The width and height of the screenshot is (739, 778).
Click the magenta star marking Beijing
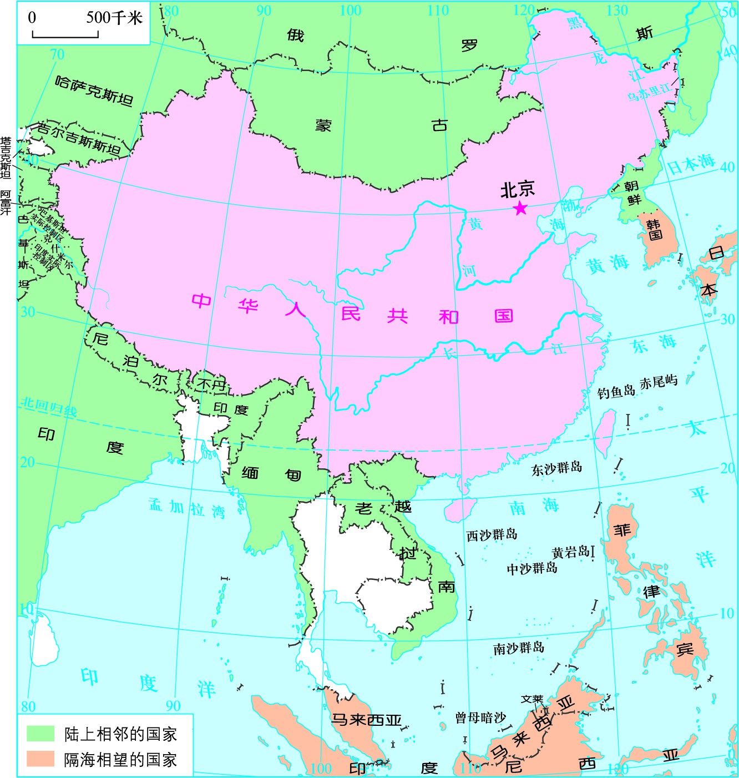click(x=520, y=208)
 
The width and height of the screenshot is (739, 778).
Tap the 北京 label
click(x=517, y=190)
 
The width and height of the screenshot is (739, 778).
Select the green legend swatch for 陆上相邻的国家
click(x=41, y=734)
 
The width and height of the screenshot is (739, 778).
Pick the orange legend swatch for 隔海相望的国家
click(x=41, y=759)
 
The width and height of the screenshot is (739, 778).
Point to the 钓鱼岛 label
click(x=616, y=392)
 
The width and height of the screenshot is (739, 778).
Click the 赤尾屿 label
click(x=659, y=383)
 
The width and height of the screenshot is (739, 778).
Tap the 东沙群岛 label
click(x=556, y=468)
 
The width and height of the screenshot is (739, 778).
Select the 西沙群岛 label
click(x=492, y=535)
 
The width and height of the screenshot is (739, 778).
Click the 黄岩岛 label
click(x=570, y=552)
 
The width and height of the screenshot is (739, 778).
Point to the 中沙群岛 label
click(x=532, y=568)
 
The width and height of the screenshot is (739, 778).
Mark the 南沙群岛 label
click(x=519, y=648)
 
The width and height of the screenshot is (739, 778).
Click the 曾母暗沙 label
click(x=480, y=718)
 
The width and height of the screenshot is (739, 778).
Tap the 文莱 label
click(x=532, y=699)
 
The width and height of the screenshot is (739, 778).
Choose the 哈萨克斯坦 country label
click(x=94, y=90)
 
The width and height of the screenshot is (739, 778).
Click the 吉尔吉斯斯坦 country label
click(x=79, y=138)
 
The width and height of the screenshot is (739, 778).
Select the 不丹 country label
click(x=211, y=384)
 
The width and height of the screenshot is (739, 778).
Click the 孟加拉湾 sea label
click(x=187, y=508)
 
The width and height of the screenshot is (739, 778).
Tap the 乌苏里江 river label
click(x=649, y=92)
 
